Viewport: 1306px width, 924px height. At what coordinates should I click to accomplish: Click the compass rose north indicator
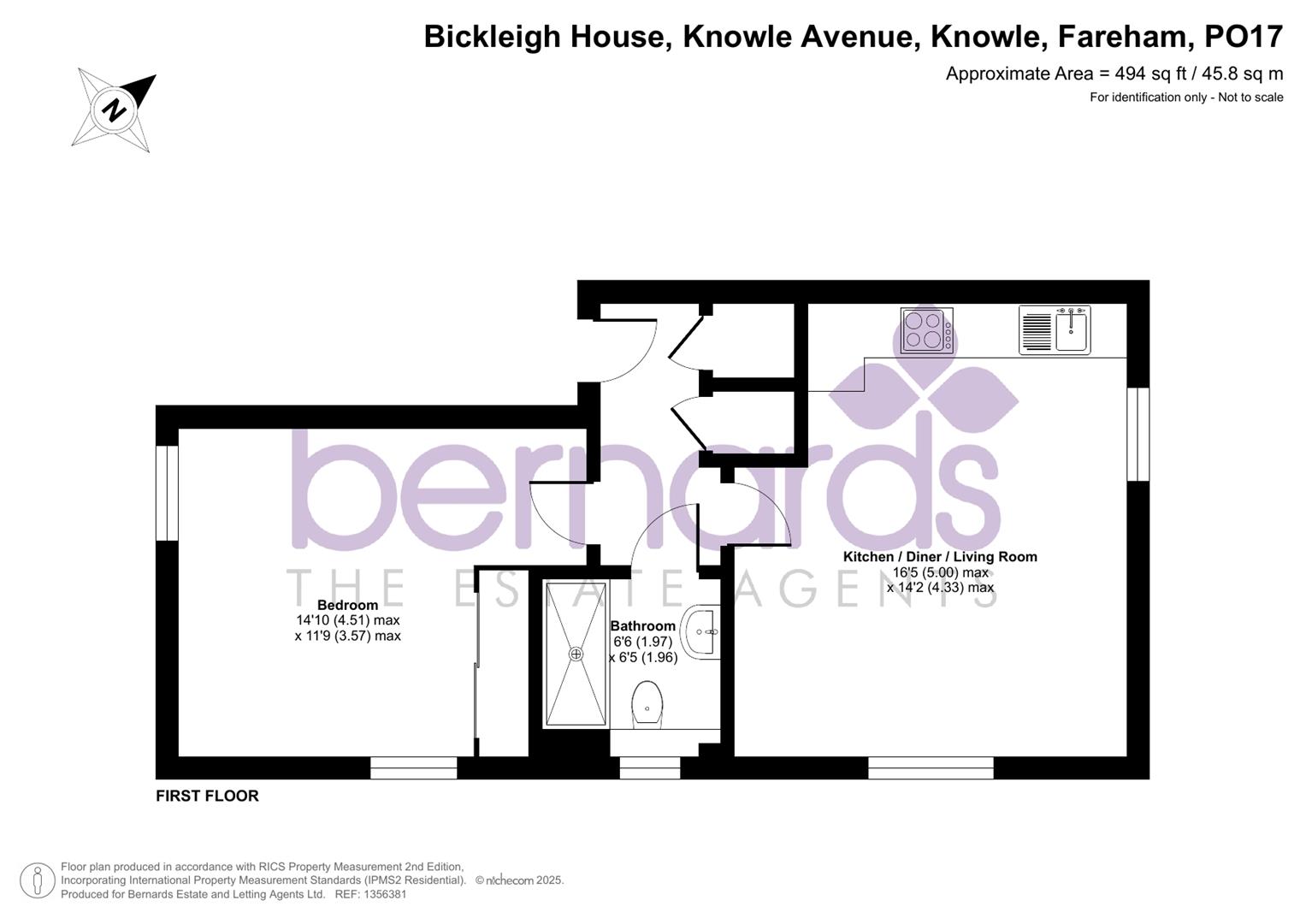pyautogui.click(x=114, y=110)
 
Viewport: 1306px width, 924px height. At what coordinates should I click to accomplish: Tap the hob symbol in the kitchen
pyautogui.click(x=926, y=330)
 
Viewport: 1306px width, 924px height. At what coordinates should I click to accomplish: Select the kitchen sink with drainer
pyautogui.click(x=1055, y=330)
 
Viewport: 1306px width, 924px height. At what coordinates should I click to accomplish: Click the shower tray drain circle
pyautogui.click(x=576, y=654)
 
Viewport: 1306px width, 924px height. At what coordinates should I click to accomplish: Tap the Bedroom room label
pyautogui.click(x=347, y=605)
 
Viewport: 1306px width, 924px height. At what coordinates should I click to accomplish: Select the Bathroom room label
pyautogui.click(x=643, y=626)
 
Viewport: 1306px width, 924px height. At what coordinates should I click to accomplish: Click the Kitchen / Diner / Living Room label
pyautogui.click(x=940, y=557)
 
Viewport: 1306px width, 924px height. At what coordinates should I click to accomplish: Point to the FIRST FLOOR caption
pyautogui.click(x=207, y=796)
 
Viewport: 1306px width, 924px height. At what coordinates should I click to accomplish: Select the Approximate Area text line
pyautogui.click(x=1114, y=74)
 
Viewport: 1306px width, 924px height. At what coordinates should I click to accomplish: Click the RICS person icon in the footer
pyautogui.click(x=37, y=880)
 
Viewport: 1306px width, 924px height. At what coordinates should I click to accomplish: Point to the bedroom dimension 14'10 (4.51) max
pyautogui.click(x=348, y=620)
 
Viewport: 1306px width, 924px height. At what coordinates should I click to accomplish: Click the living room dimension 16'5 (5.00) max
pyautogui.click(x=940, y=572)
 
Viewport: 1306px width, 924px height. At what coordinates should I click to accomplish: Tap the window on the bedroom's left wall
pyautogui.click(x=167, y=494)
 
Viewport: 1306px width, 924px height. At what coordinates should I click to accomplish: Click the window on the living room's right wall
pyautogui.click(x=1138, y=435)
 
